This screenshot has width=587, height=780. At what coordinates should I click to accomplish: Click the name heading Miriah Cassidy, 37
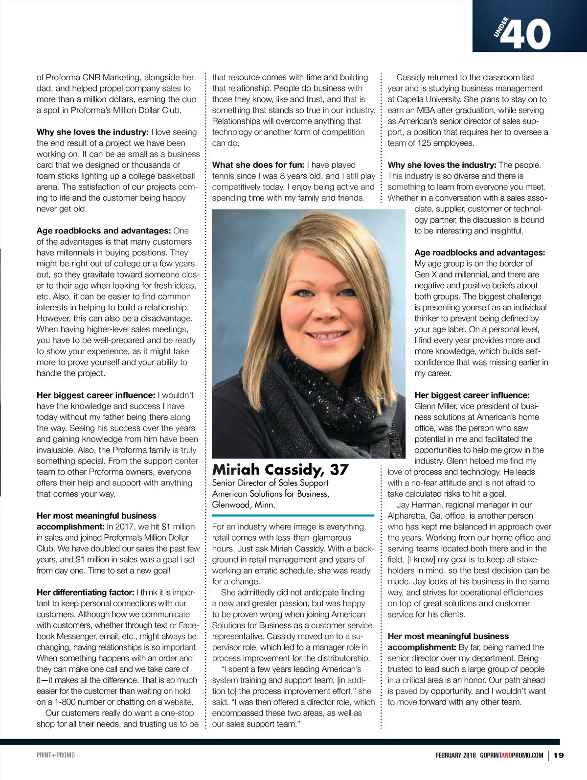click(280, 470)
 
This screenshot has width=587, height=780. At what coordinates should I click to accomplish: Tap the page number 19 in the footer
click(559, 755)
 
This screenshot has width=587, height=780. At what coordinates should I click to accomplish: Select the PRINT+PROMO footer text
click(56, 755)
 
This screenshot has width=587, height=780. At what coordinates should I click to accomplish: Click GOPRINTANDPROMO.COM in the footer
click(512, 755)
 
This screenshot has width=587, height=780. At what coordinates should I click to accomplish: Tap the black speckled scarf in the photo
click(313, 391)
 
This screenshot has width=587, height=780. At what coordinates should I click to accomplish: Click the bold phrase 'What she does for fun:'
click(258, 165)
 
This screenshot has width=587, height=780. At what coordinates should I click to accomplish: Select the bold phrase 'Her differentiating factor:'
click(85, 593)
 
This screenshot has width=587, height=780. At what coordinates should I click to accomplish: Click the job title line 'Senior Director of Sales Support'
click(270, 483)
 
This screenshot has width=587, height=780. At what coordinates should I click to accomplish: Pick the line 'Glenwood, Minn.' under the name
click(244, 505)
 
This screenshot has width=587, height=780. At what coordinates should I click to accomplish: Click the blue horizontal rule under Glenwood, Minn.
click(293, 515)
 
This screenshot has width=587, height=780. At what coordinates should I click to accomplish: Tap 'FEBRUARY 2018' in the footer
click(456, 755)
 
